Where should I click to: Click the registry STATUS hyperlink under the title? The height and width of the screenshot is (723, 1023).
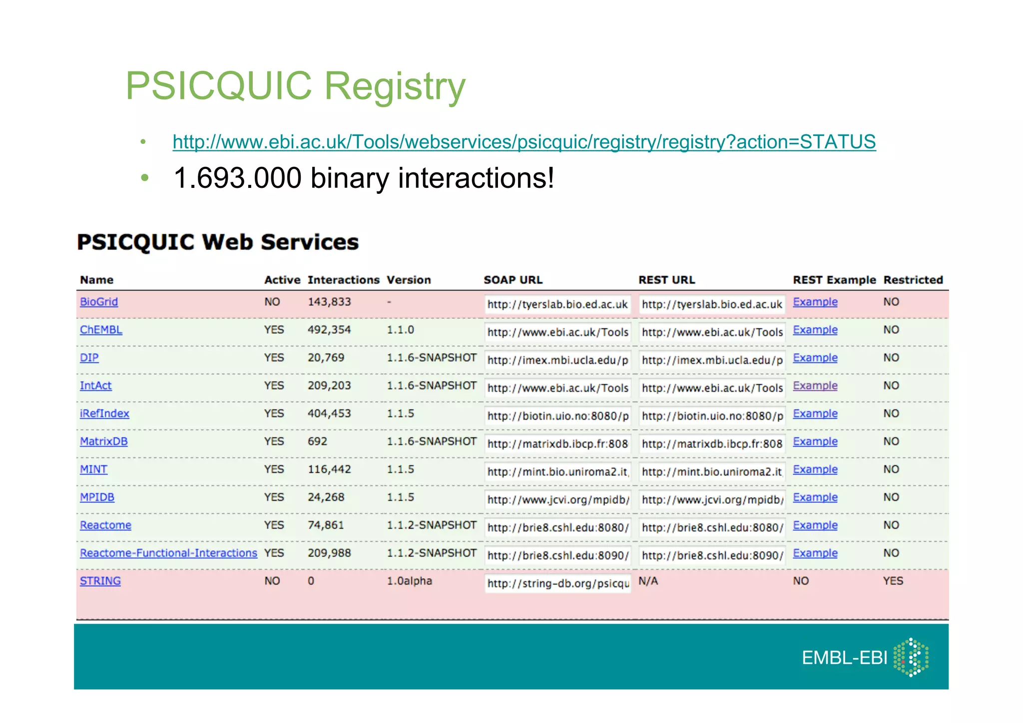524,142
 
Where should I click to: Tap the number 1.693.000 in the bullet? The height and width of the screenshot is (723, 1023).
238,178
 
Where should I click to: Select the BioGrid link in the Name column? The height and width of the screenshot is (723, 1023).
99,302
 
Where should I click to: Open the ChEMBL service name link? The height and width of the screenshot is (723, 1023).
101,330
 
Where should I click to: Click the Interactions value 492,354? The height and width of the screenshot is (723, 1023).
329,330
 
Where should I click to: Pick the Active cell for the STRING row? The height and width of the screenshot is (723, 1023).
272,581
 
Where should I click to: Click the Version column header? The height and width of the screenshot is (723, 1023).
409,280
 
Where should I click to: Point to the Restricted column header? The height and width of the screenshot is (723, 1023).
913,280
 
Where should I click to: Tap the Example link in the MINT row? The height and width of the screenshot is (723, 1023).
815,470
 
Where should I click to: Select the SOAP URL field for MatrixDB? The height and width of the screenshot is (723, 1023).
557,444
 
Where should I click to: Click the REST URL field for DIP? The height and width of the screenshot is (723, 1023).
712,360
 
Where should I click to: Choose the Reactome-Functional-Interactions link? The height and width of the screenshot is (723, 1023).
168,553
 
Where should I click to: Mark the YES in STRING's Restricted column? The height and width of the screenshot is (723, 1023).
893,581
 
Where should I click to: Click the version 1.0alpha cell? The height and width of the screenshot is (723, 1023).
409,581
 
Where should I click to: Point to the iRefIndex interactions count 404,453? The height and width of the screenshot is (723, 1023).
329,414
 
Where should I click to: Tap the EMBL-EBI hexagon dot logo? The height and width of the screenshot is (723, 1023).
911,658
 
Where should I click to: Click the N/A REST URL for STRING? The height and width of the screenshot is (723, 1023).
648,581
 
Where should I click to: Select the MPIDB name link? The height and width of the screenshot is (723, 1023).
97,498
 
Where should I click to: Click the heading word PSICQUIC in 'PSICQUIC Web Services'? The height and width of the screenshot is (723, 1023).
135,242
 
